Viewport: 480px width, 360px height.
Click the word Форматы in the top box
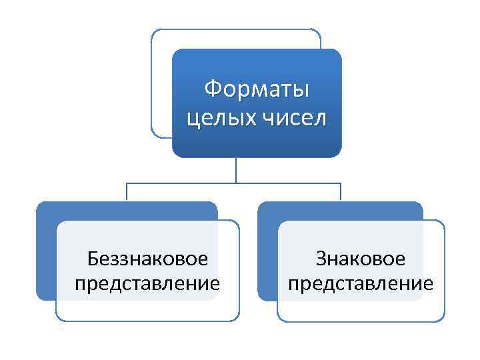click(x=257, y=88)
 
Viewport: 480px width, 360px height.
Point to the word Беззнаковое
click(x=147, y=258)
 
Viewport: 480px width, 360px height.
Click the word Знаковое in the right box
click(x=361, y=258)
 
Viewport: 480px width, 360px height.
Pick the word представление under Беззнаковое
click(x=147, y=284)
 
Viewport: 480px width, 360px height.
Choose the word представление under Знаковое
click(x=361, y=284)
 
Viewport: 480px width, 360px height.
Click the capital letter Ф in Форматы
click(x=212, y=88)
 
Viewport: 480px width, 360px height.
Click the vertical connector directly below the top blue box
click(x=235, y=169)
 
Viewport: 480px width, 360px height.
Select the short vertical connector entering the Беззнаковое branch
click(x=127, y=191)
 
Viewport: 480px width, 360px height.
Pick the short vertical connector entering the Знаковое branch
click(x=341, y=191)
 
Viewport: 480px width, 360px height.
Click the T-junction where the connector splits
click(x=235, y=182)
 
